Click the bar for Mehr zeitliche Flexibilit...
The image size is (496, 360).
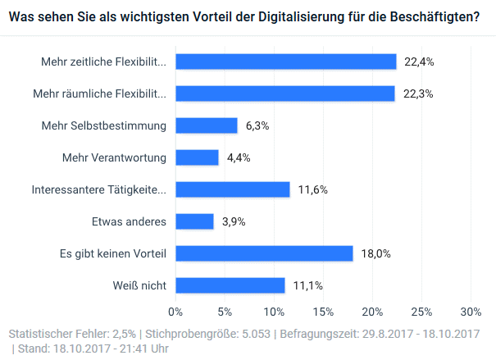286,62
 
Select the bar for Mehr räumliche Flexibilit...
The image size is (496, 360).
285,93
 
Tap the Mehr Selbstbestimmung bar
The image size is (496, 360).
207,125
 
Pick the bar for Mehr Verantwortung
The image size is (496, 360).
198,157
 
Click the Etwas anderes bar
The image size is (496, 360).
195,221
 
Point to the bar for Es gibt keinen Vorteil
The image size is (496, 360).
264,253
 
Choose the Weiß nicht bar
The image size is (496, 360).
230,285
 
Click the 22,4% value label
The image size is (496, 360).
417,62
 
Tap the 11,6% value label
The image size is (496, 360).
313,189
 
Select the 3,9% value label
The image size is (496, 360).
234,221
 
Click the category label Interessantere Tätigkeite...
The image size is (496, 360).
99,189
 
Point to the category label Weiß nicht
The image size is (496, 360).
141,285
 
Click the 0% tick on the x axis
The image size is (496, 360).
175,312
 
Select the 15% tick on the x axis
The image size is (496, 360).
323,312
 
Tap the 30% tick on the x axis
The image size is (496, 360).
471,312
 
